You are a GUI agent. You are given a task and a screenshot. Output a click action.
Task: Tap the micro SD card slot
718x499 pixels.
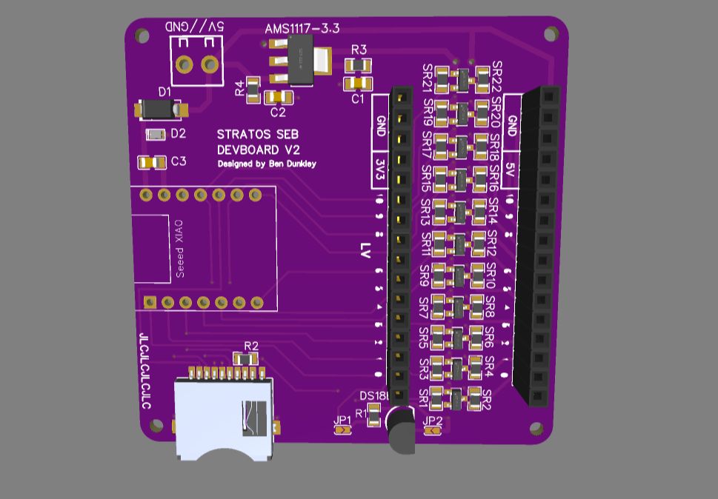[x=222, y=417]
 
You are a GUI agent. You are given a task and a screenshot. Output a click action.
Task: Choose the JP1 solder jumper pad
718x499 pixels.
[x=342, y=431]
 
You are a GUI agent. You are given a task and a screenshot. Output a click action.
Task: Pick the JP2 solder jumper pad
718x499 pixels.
[x=431, y=431]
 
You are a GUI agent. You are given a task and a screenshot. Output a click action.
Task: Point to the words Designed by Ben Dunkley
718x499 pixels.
[x=266, y=164]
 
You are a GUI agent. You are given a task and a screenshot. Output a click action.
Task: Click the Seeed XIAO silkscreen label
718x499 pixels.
[x=179, y=248]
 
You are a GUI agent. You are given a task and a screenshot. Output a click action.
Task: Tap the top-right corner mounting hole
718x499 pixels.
[x=551, y=34]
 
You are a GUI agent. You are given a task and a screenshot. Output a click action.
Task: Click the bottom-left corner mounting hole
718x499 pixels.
[x=156, y=426]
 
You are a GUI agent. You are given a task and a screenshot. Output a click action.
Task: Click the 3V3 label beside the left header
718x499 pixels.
[x=379, y=170]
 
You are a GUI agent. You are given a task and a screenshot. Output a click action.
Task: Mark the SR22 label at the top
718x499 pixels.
[x=496, y=76]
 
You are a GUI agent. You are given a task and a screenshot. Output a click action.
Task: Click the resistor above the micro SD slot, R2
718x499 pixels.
[x=246, y=359]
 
